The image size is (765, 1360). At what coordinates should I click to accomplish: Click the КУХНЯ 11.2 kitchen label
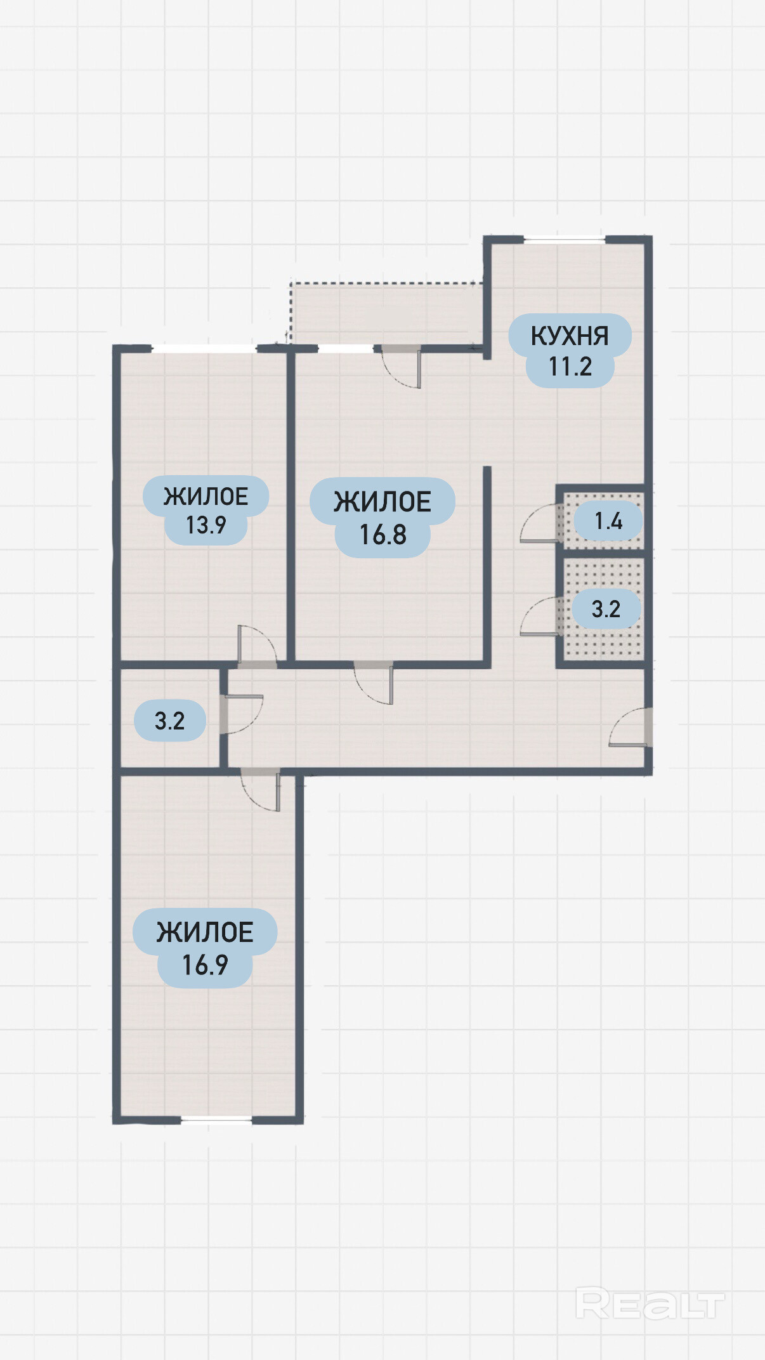pyautogui.click(x=570, y=350)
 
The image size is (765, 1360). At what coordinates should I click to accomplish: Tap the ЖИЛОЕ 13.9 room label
pyautogui.click(x=206, y=510)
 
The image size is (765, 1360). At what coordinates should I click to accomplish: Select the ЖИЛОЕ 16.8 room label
pyautogui.click(x=383, y=518)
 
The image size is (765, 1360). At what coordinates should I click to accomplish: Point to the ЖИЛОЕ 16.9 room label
pyautogui.click(x=205, y=948)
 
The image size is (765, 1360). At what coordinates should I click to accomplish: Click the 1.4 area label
pyautogui.click(x=608, y=521)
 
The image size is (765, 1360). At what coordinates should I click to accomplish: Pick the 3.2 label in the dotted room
pyautogui.click(x=606, y=609)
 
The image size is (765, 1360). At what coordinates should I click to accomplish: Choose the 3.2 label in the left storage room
pyautogui.click(x=170, y=721)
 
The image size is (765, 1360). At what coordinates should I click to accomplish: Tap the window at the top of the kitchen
pyautogui.click(x=564, y=239)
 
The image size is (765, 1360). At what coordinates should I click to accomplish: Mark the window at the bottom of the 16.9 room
pyautogui.click(x=216, y=1120)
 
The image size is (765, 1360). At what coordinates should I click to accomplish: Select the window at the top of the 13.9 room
pyautogui.click(x=204, y=348)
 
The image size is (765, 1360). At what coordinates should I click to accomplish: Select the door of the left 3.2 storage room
pyautogui.click(x=242, y=714)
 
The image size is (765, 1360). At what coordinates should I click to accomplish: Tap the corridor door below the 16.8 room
pyautogui.click(x=374, y=683)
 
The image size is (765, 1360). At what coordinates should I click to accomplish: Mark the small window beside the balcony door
pyautogui.click(x=345, y=348)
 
